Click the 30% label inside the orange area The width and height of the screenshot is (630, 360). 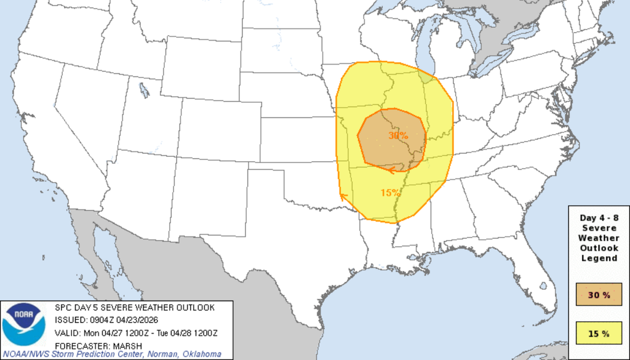pyautogui.click(x=398, y=135)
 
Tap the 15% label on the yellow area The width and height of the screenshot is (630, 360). pyautogui.click(x=390, y=193)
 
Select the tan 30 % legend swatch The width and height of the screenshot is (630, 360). pyautogui.click(x=598, y=295)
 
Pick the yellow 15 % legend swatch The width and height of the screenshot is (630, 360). pyautogui.click(x=598, y=334)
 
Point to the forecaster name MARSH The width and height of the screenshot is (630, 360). pyautogui.click(x=127, y=345)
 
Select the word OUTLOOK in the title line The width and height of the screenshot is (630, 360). pyautogui.click(x=193, y=308)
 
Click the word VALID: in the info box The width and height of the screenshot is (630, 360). pyautogui.click(x=68, y=333)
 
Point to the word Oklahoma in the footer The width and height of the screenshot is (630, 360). pyautogui.click(x=201, y=354)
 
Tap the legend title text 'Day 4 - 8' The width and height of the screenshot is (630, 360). pyautogui.click(x=599, y=218)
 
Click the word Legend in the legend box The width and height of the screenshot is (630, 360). pyautogui.click(x=599, y=258)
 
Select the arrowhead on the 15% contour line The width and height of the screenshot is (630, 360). pyautogui.click(x=343, y=196)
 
